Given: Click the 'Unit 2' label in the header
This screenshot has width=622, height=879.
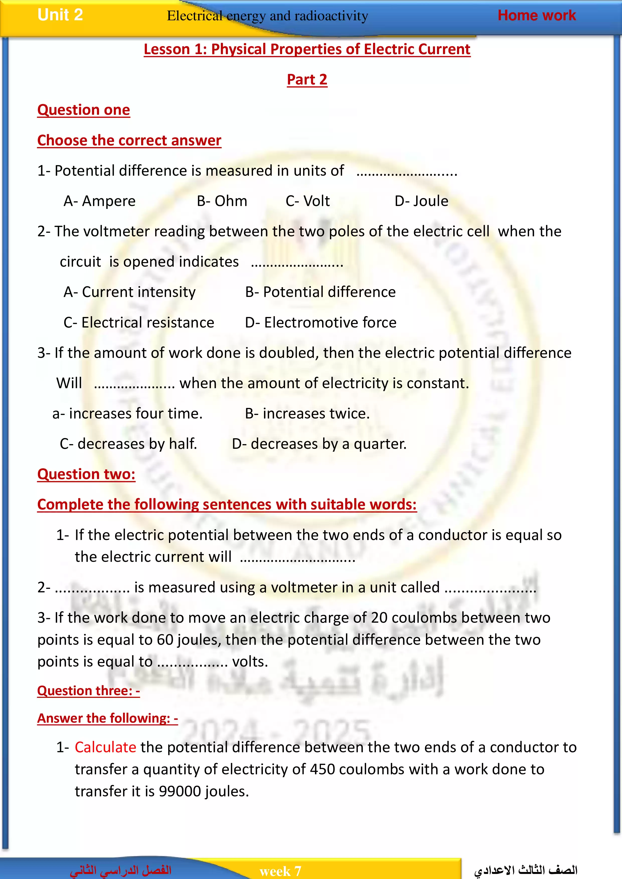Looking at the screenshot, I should tap(60, 15).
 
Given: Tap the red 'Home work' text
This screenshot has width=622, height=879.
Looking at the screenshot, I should tap(536, 15).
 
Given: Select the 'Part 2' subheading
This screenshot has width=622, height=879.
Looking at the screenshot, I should tap(307, 80).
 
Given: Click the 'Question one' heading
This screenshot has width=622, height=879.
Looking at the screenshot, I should tap(83, 110).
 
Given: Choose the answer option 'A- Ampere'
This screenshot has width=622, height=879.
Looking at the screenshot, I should tap(100, 201).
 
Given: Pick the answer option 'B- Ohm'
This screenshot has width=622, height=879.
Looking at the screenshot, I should tap(222, 201).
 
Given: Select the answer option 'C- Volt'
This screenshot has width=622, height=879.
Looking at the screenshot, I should tap(308, 201).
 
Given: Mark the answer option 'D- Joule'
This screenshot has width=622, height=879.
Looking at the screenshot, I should tap(421, 201).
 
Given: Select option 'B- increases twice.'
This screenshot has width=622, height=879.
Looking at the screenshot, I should tap(307, 413).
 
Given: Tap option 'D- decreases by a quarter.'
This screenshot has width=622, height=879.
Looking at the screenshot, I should tap(319, 444).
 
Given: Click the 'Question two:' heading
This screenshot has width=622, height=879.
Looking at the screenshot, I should tap(86, 474).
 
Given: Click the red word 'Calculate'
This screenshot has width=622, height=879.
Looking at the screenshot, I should tap(105, 747).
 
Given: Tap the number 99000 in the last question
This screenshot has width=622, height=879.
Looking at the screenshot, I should tap(180, 791).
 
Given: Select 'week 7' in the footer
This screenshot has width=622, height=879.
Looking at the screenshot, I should tap(280, 871).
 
